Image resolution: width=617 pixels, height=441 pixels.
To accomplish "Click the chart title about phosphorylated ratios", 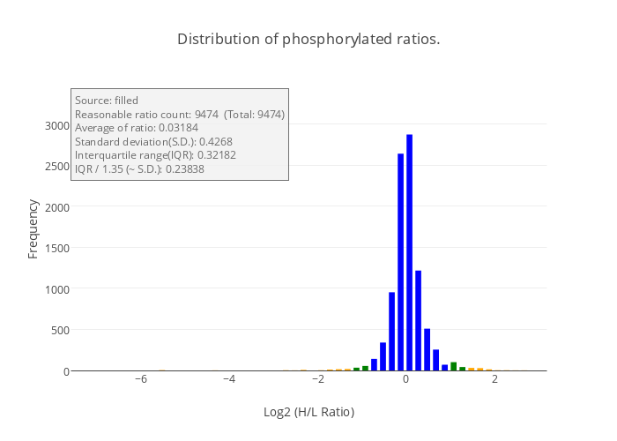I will [308, 40].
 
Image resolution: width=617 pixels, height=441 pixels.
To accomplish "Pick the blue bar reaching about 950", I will [391, 333].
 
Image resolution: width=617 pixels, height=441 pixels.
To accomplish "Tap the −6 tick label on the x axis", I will [140, 379].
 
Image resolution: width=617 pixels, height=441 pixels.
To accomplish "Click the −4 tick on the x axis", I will [228, 379].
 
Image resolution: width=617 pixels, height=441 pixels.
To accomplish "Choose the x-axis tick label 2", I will [494, 379].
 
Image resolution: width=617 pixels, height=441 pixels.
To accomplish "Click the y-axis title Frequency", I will [33, 228].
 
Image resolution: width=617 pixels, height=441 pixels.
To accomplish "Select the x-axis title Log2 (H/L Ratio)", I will [308, 412].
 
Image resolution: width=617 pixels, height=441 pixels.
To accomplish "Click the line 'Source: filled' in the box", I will [107, 101].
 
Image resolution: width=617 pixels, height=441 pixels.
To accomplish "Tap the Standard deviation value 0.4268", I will [215, 141].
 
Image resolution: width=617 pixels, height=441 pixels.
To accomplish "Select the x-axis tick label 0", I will [405, 379].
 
